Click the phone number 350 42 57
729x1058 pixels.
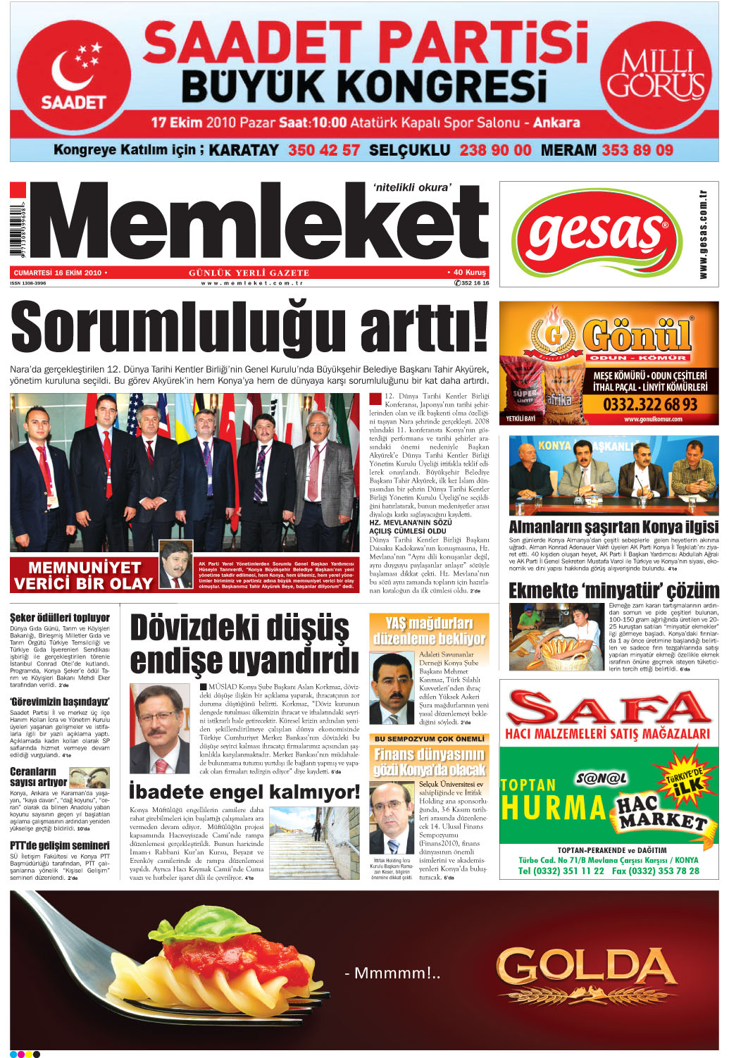324,150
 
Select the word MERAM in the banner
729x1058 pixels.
568,150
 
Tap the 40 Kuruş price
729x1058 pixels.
468,273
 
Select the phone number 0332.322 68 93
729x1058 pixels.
649,404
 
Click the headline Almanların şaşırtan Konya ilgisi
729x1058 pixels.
613,527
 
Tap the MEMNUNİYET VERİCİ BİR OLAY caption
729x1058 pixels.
83,575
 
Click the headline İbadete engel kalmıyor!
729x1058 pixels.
244,792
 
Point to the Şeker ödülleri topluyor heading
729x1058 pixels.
60,618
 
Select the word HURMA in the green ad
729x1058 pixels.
554,808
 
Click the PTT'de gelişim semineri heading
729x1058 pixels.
60,845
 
